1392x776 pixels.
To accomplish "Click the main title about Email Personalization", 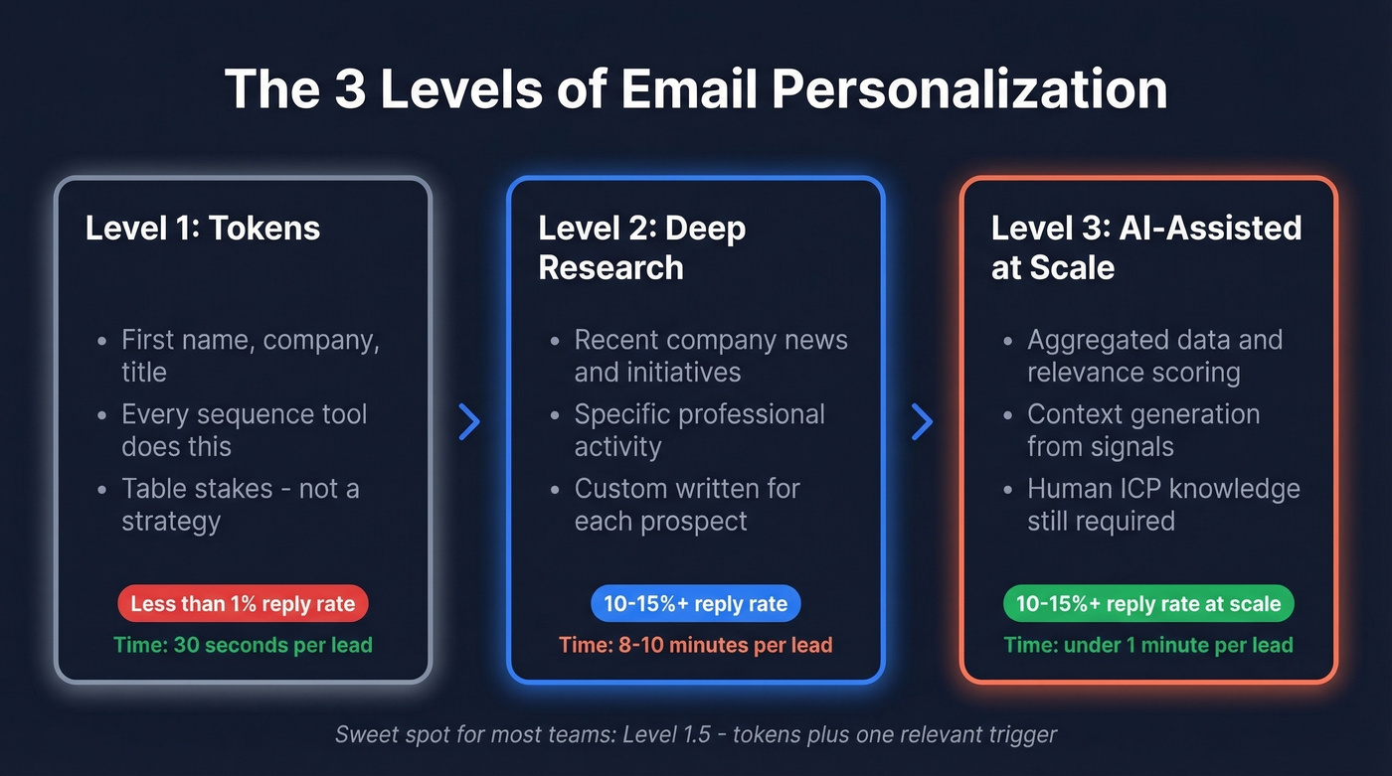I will click(x=696, y=88).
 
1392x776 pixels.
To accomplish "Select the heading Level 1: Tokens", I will click(x=203, y=228).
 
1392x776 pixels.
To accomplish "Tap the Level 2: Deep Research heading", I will click(x=641, y=247).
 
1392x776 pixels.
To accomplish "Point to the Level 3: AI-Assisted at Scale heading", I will click(x=1145, y=247).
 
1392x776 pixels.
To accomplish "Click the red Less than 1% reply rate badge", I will click(x=243, y=603).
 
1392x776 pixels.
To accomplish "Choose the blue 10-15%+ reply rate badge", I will click(x=695, y=603).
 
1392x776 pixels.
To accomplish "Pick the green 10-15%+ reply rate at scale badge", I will click(x=1148, y=603).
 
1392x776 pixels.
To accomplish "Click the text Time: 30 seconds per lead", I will click(x=243, y=645).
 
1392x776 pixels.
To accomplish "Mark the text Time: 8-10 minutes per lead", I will click(x=695, y=645).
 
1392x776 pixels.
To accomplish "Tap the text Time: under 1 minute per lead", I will click(x=1148, y=645).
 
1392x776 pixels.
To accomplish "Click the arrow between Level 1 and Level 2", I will click(x=469, y=422).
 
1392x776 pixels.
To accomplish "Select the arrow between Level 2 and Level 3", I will click(x=922, y=422).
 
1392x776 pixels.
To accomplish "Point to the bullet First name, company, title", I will click(x=249, y=356).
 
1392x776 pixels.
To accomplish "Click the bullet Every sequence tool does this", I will click(x=244, y=430).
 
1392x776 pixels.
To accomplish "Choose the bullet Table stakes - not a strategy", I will click(x=239, y=505).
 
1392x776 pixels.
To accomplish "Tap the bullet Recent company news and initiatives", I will click(x=710, y=356).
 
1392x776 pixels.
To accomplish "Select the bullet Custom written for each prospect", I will click(x=686, y=505).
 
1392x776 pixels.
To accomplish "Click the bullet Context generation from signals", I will click(x=1142, y=430).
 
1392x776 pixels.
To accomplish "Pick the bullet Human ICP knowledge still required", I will click(x=1162, y=505).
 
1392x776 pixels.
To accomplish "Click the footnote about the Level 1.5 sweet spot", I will click(x=695, y=735).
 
